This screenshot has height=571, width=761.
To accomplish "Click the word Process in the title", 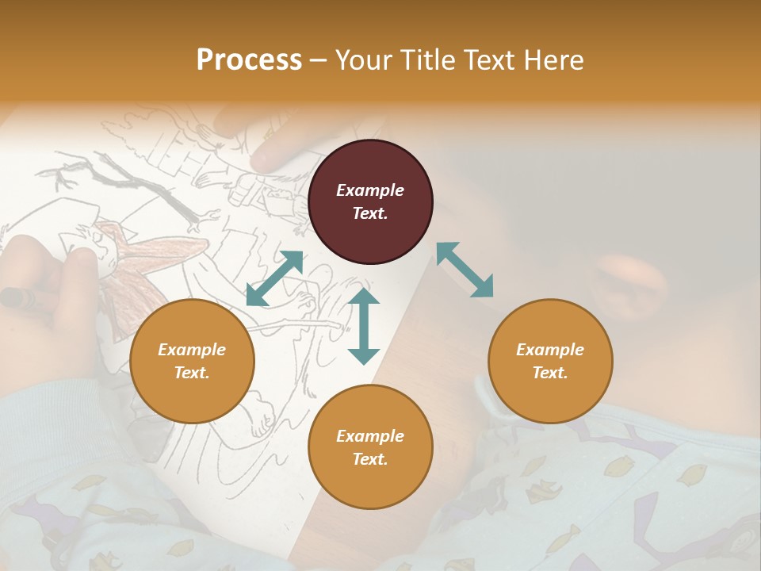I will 249,60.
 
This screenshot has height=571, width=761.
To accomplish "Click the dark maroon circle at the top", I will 370,201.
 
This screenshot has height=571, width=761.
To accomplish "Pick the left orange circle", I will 192,361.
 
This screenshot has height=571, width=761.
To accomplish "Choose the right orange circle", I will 550,361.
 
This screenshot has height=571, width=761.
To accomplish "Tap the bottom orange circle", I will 370,447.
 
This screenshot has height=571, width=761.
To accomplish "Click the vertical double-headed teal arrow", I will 364,326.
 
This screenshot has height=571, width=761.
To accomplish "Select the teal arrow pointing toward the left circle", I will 274,278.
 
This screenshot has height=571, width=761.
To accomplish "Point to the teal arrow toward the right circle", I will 465,270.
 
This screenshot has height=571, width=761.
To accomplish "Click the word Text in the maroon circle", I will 370,213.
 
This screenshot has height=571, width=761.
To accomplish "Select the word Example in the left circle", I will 192,350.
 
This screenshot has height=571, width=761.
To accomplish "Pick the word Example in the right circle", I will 550,350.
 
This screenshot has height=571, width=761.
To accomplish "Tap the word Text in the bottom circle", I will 370,459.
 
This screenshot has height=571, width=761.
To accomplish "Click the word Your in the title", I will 362,60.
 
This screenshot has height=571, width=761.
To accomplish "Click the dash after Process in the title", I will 317,61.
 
